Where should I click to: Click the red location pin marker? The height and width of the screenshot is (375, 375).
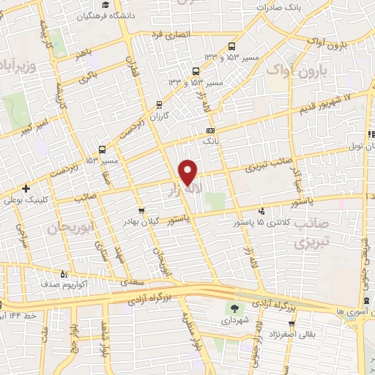coord(188,171)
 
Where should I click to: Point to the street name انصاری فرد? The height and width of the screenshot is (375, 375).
coord(170,34)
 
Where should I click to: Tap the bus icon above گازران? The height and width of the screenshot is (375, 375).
coord(160,105)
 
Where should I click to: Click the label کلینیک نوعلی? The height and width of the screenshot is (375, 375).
coord(52,198)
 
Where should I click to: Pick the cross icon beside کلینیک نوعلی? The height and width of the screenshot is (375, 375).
coord(26,188)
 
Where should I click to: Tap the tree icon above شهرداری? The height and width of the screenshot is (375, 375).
coord(235,308)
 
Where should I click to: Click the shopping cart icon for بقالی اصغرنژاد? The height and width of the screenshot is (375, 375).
coord(292,322)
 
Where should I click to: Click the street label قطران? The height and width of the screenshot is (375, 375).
coord(132,70)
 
